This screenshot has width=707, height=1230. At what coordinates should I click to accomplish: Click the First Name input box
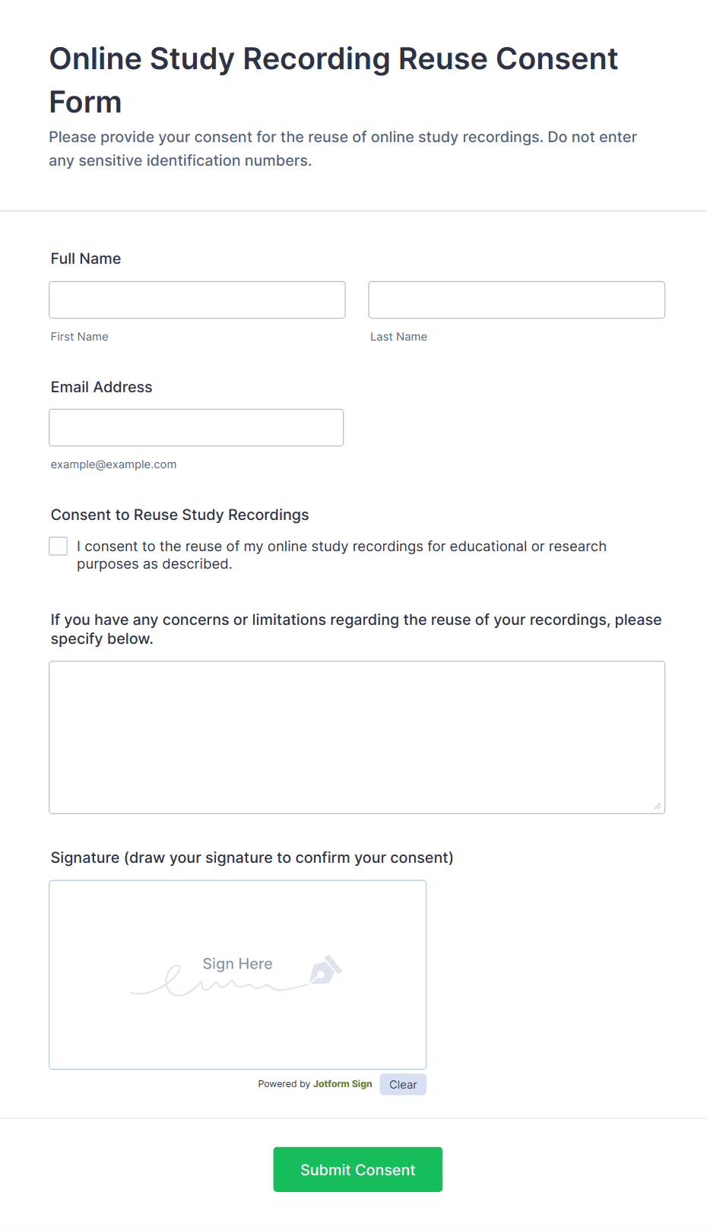pyautogui.click(x=197, y=300)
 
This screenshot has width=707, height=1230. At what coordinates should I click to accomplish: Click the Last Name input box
pyautogui.click(x=516, y=300)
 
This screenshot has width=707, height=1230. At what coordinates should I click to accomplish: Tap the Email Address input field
pyautogui.click(x=196, y=427)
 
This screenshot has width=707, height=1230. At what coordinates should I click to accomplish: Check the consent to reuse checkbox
pyautogui.click(x=59, y=546)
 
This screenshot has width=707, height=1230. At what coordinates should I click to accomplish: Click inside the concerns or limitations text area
pyautogui.click(x=357, y=737)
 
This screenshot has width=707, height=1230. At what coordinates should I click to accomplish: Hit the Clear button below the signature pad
pyautogui.click(x=403, y=1085)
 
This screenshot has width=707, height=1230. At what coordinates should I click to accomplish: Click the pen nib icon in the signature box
pyautogui.click(x=325, y=970)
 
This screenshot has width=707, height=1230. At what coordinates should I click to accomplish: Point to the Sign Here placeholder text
pyautogui.click(x=237, y=964)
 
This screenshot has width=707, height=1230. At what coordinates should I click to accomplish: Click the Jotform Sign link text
pyautogui.click(x=342, y=1084)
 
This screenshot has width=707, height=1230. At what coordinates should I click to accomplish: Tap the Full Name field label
pyautogui.click(x=86, y=258)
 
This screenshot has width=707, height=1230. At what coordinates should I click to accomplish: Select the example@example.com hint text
pyautogui.click(x=113, y=464)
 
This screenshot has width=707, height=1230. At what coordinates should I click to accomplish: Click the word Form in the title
pyautogui.click(x=85, y=102)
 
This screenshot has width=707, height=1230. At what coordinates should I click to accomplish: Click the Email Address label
pyautogui.click(x=101, y=387)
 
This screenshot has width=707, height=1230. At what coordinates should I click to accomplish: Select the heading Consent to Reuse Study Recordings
pyautogui.click(x=179, y=515)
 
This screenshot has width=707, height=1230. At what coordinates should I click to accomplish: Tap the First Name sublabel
pyautogui.click(x=79, y=337)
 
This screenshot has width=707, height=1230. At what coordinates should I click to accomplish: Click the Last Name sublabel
pyautogui.click(x=398, y=337)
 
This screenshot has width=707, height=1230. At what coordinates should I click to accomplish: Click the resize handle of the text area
pyautogui.click(x=658, y=806)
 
